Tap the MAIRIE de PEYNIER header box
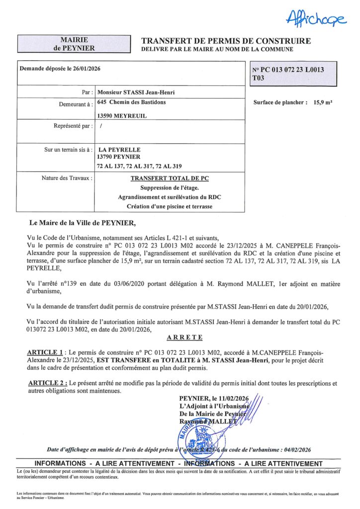coord(74,44)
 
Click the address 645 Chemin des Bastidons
coord(132,102)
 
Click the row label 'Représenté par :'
coord(73,126)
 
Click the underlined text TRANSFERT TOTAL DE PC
coord(170,178)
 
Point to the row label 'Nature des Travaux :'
coord(67,177)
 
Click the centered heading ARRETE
coord(184,338)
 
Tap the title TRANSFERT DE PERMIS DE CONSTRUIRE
coord(226,41)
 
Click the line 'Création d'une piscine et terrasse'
coord(170,206)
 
